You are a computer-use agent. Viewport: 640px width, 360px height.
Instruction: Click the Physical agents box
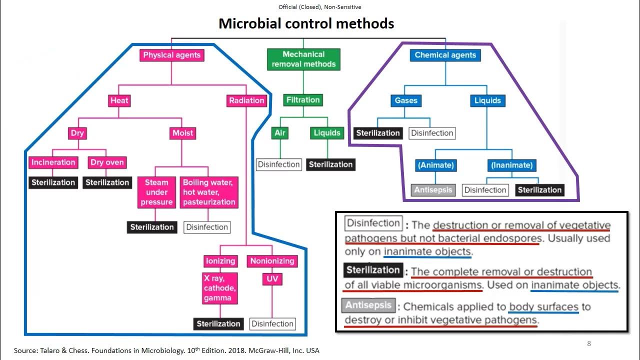[171, 55]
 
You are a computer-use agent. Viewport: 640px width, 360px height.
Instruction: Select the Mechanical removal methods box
[303, 59]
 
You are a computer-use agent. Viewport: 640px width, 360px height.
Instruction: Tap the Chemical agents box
[445, 55]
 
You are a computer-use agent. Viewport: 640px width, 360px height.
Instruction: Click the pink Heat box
[119, 100]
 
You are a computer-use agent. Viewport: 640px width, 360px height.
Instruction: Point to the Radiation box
[246, 100]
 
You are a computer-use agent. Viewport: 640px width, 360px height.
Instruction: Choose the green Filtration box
[303, 100]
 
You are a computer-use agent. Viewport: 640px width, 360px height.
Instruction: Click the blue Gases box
[406, 100]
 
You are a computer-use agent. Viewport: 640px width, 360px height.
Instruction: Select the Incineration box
[53, 162]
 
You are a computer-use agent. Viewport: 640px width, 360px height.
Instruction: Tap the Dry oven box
[107, 162]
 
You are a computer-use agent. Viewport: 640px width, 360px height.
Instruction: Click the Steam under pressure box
[156, 192]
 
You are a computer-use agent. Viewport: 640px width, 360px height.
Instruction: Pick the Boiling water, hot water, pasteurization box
[209, 192]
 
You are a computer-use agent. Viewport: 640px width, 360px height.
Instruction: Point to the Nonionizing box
[272, 261]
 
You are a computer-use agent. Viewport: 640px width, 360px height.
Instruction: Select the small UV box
[272, 278]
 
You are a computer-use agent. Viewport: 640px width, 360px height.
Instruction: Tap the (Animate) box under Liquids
[435, 165]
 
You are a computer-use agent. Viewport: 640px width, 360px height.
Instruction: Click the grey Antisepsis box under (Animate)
[433, 190]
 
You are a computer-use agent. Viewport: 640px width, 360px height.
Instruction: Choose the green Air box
[280, 133]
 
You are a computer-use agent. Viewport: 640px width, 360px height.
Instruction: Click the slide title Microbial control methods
[306, 23]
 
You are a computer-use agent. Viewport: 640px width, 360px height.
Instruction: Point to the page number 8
[589, 343]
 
